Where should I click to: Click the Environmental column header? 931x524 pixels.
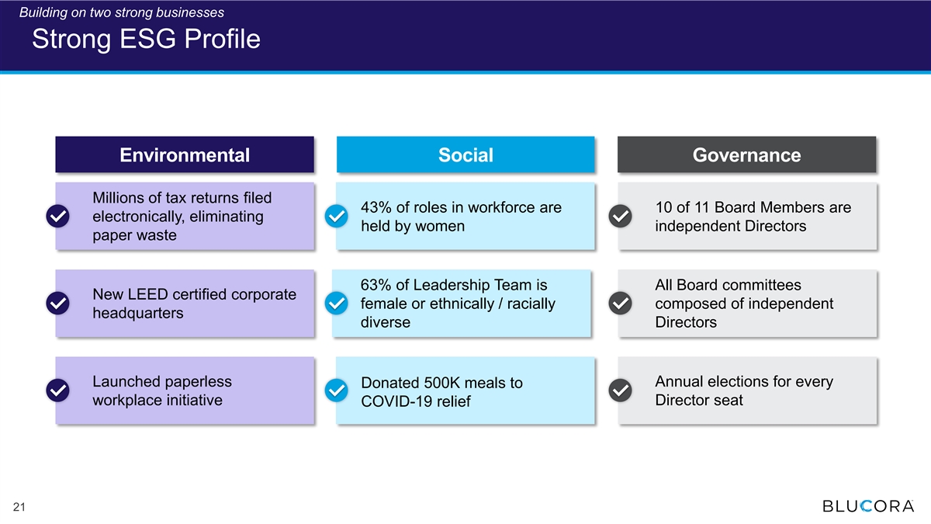tap(185, 154)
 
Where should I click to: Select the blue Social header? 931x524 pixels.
tap(465, 154)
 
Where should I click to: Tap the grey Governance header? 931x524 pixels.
tap(746, 154)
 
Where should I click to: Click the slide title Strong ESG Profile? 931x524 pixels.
tap(146, 39)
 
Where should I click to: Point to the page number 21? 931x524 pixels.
tap(19, 506)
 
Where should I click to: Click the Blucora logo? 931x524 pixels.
tap(868, 505)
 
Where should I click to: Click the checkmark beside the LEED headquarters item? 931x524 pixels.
tap(57, 304)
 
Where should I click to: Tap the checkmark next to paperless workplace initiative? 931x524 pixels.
tap(57, 390)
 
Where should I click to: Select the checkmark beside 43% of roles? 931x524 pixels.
tap(336, 216)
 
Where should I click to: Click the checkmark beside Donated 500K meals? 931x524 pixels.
tap(336, 390)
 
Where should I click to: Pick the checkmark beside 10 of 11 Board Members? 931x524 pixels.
tap(620, 216)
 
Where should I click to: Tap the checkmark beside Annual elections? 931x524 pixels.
tap(620, 390)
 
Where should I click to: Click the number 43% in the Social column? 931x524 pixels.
tap(376, 207)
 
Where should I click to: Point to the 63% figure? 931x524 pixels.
tap(376, 285)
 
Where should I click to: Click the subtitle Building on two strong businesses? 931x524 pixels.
tap(121, 12)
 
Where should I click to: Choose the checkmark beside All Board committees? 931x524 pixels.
tap(620, 304)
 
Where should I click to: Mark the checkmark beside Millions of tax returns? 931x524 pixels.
tap(57, 216)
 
